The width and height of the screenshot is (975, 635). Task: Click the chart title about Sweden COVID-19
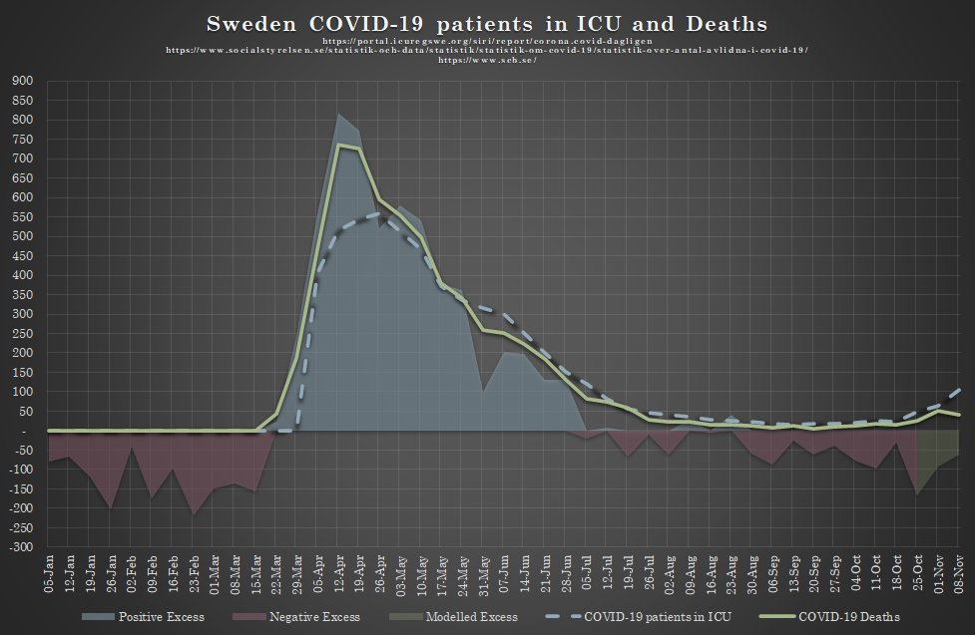click(487, 22)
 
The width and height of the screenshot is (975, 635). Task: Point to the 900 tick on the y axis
click(20, 81)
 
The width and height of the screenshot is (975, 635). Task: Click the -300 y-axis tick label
click(18, 547)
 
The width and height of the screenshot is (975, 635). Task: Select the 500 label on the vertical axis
click(20, 236)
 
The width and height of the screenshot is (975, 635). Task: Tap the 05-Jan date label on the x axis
click(50, 577)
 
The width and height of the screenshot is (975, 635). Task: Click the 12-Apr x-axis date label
click(339, 577)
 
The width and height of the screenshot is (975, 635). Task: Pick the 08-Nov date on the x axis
click(959, 577)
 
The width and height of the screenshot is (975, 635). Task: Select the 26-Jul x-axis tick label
click(650, 577)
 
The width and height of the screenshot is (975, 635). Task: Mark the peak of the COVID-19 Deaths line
click(339, 145)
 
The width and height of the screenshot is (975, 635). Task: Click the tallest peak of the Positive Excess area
click(339, 114)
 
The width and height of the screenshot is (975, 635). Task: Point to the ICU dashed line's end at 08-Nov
click(959, 389)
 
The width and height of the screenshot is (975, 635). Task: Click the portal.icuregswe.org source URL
click(487, 41)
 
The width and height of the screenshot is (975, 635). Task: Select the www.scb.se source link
click(487, 60)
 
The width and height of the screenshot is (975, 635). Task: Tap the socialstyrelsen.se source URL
click(487, 50)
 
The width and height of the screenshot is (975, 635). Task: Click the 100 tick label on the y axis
click(20, 392)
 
